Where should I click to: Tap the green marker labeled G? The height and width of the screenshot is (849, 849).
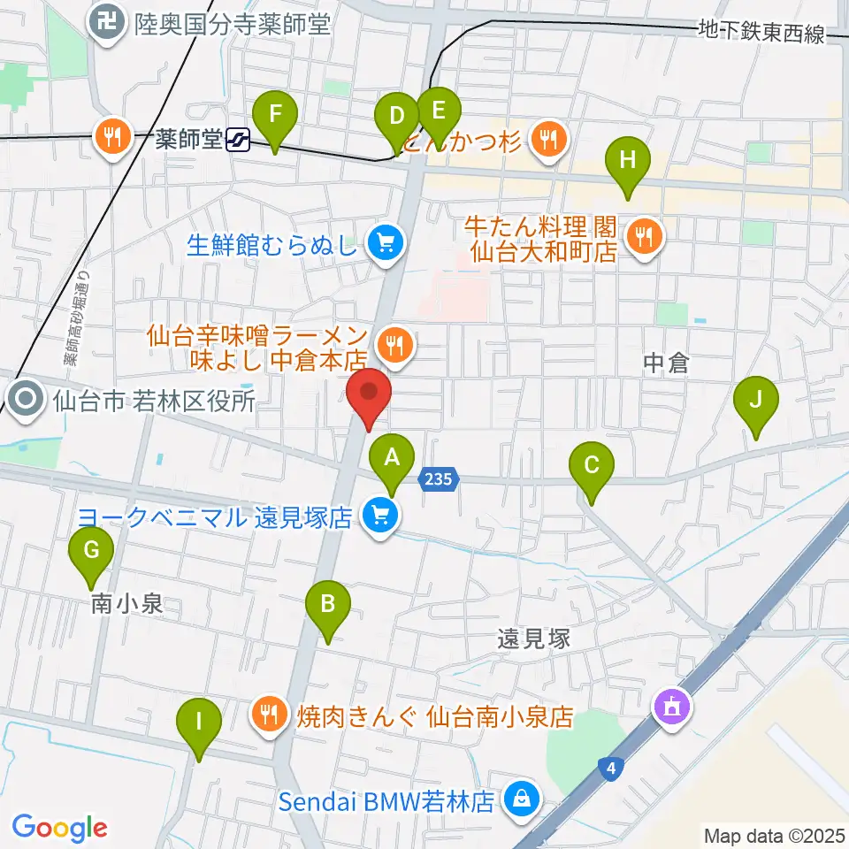pyautogui.click(x=92, y=551)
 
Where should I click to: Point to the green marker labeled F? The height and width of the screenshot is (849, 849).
pyautogui.click(x=275, y=116)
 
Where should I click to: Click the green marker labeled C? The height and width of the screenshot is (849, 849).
pyautogui.click(x=592, y=466)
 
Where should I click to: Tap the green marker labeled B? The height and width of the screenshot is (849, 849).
pyautogui.click(x=327, y=606)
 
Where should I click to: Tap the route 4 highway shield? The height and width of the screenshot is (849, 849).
pyautogui.click(x=611, y=769)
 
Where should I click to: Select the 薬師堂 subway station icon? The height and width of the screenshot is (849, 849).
pyautogui.click(x=237, y=139)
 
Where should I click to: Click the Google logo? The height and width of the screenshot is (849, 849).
pyautogui.click(x=59, y=827)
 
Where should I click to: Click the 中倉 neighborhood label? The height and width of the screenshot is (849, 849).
pyautogui.click(x=665, y=363)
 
